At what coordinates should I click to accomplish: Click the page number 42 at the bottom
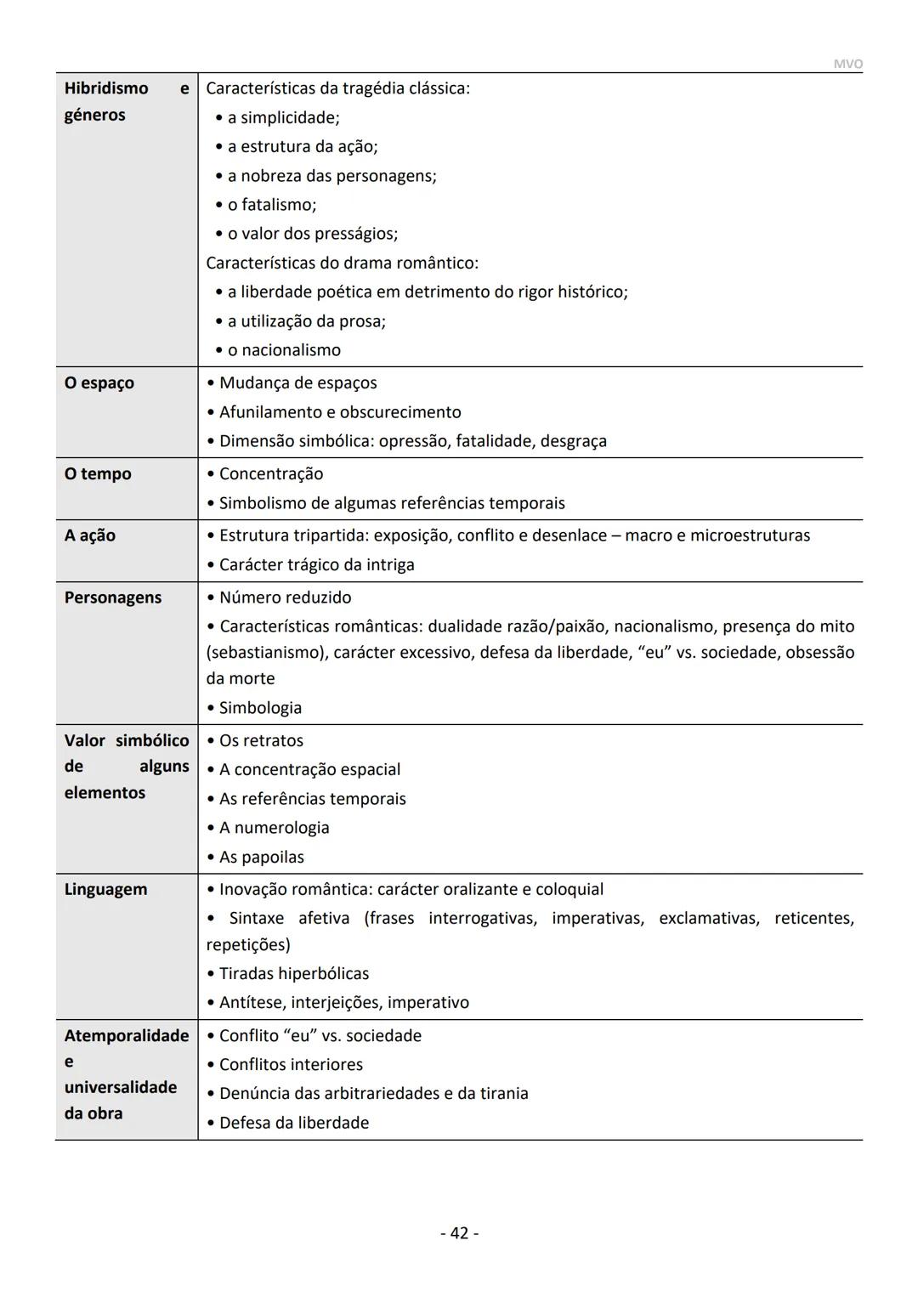459,1232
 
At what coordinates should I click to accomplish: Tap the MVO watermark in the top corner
847,65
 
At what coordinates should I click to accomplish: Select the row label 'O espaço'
99,383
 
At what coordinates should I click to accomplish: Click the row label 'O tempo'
98,474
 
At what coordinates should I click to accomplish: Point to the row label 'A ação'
90,535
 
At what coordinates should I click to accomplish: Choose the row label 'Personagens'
113,598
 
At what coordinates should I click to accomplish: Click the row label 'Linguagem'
106,890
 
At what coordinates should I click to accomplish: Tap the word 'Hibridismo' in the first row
106,88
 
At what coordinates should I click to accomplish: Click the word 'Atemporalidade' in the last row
127,1036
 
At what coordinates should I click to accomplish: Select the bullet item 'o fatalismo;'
271,205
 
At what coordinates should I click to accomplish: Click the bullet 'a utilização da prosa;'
306,321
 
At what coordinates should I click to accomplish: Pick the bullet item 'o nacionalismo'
284,350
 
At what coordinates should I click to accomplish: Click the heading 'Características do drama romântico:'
342,263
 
